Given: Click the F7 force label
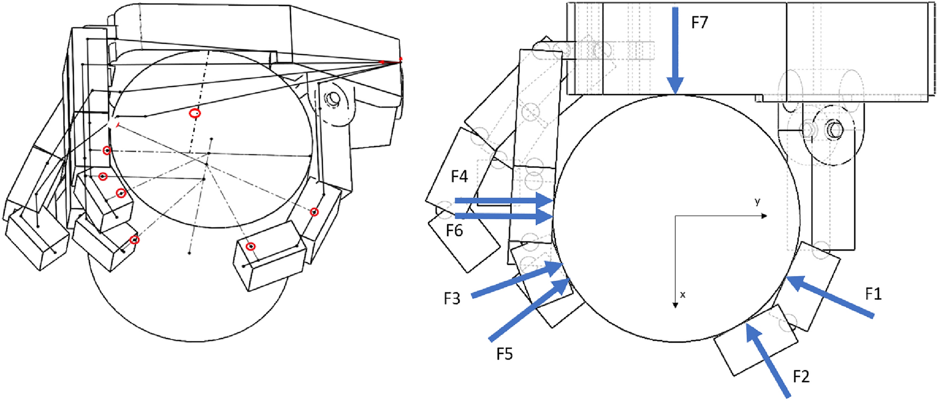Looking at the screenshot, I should pos(699,22).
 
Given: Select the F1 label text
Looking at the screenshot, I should pos(873,294).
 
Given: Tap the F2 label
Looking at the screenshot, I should pos(801,377).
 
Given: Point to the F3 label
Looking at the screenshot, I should pos(452,299).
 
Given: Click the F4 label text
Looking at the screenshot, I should pos(459,176).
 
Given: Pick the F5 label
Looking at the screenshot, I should pos(504,354).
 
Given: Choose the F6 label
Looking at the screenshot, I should pos(454,231).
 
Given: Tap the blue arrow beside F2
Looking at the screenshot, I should pos(767,360).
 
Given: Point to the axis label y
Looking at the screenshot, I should pos(758,202).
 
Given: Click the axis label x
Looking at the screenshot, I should pos(683,295).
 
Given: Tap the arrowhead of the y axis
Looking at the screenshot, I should pos(764,216).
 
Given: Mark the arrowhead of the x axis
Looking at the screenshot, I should pos(675,305).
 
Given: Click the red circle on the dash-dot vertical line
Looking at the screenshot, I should pos(195,113).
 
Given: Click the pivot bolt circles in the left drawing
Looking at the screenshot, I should pos(334,99).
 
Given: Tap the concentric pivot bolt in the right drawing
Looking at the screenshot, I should pos(834,129).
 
